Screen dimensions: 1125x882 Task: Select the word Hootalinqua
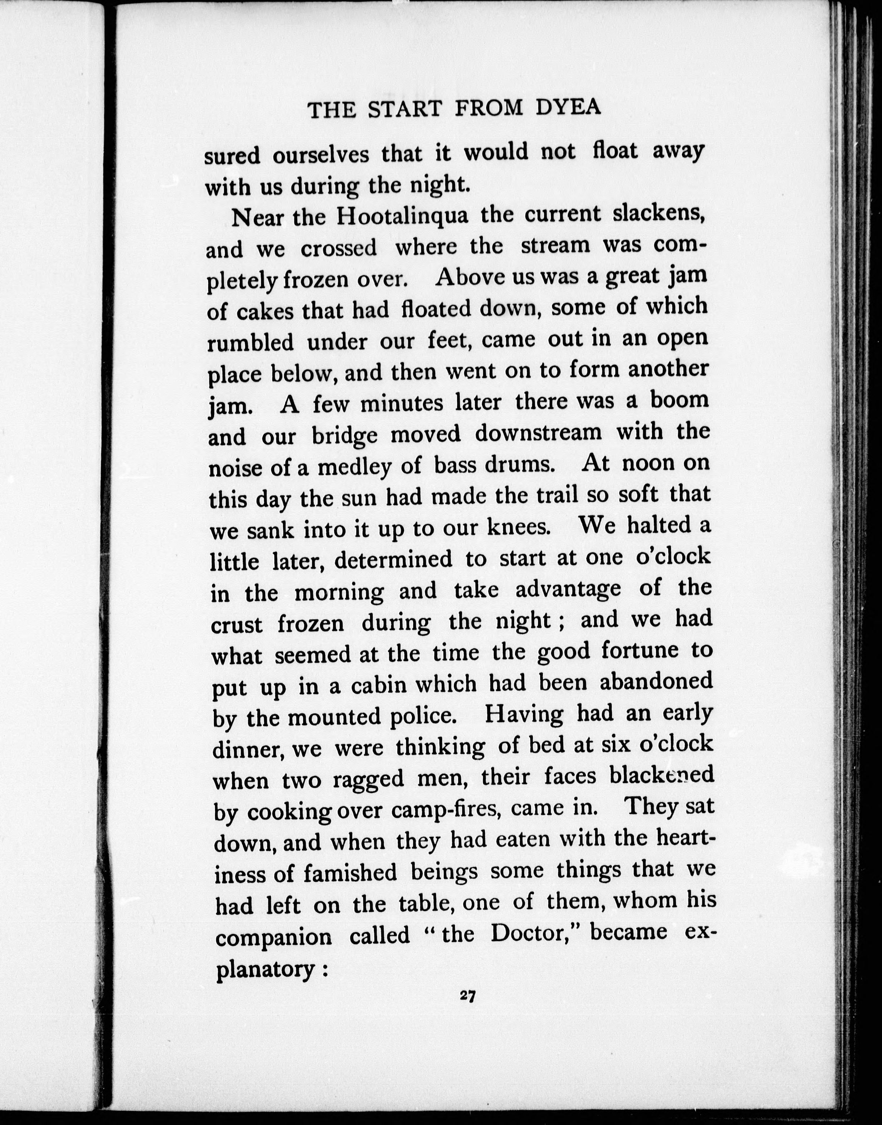coord(403,216)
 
